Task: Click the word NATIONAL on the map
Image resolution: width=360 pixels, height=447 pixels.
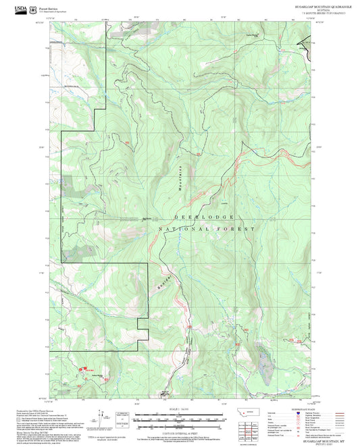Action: coord(185,230)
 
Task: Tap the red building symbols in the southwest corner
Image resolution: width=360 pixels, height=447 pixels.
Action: coord(86,369)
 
